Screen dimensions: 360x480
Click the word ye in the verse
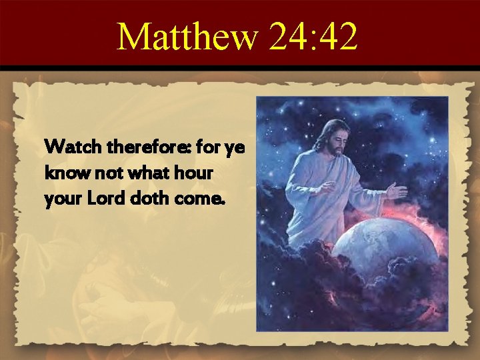coord(235,147)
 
